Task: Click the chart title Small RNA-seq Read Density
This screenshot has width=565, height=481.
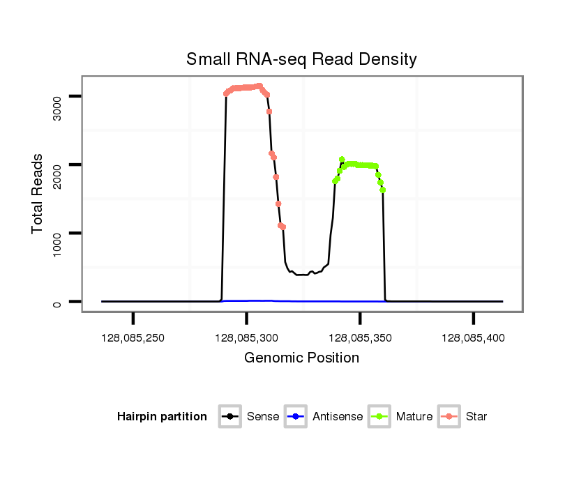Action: coord(301,59)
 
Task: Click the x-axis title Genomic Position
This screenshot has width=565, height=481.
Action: coord(301,358)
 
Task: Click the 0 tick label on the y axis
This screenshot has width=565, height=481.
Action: coord(58,302)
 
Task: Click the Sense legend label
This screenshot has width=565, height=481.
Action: coord(263,417)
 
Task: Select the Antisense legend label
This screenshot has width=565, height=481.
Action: coord(338,417)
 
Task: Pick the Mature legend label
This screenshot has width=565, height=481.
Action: coord(414,417)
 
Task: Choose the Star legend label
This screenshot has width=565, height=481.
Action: coord(477,417)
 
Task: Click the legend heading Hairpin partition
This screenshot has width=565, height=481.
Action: coord(162,417)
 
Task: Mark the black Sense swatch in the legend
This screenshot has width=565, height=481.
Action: coord(230,417)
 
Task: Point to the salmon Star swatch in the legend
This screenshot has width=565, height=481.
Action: coord(451,417)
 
